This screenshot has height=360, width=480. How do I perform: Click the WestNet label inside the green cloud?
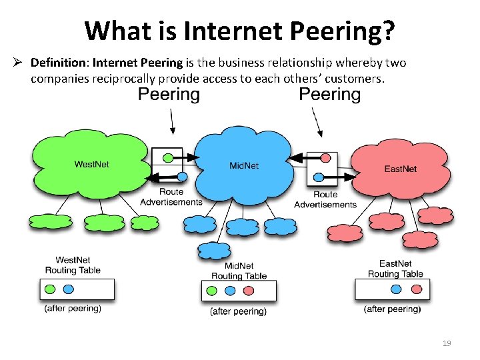pyautogui.click(x=91, y=164)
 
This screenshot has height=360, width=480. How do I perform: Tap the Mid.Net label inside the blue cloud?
pyautogui.click(x=243, y=165)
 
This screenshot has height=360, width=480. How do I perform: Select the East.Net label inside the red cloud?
pyautogui.click(x=400, y=169)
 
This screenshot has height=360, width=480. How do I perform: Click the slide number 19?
pyautogui.click(x=447, y=343)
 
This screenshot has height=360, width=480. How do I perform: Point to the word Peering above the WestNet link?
pyautogui.click(x=168, y=95)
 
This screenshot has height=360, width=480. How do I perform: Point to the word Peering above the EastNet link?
pyautogui.click(x=329, y=95)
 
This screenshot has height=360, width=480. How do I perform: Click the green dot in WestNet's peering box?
pyautogui.click(x=169, y=158)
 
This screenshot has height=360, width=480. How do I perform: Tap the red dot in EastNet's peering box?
pyautogui.click(x=325, y=158)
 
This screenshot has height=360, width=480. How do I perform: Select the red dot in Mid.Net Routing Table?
pyautogui.click(x=248, y=291)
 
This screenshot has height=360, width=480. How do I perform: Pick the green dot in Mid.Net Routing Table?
pyautogui.click(x=212, y=291)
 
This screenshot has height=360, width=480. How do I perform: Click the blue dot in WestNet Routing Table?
pyautogui.click(x=69, y=289)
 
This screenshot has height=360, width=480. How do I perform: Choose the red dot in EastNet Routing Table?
pyautogui.click(x=416, y=289)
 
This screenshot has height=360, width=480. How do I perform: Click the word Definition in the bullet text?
pyautogui.click(x=59, y=63)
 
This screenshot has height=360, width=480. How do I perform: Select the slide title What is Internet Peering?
pyautogui.click(x=240, y=30)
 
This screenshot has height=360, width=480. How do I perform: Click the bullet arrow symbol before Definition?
pyautogui.click(x=19, y=63)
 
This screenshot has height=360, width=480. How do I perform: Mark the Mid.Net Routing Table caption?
pyautogui.click(x=239, y=271)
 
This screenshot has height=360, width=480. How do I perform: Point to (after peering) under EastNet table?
pyautogui.click(x=392, y=309)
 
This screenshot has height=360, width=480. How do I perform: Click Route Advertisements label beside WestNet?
pyautogui.click(x=171, y=197)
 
